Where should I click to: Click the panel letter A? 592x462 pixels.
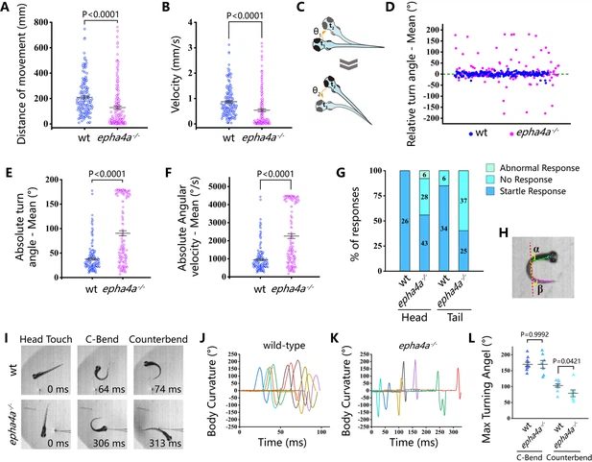tap(8, 9)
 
